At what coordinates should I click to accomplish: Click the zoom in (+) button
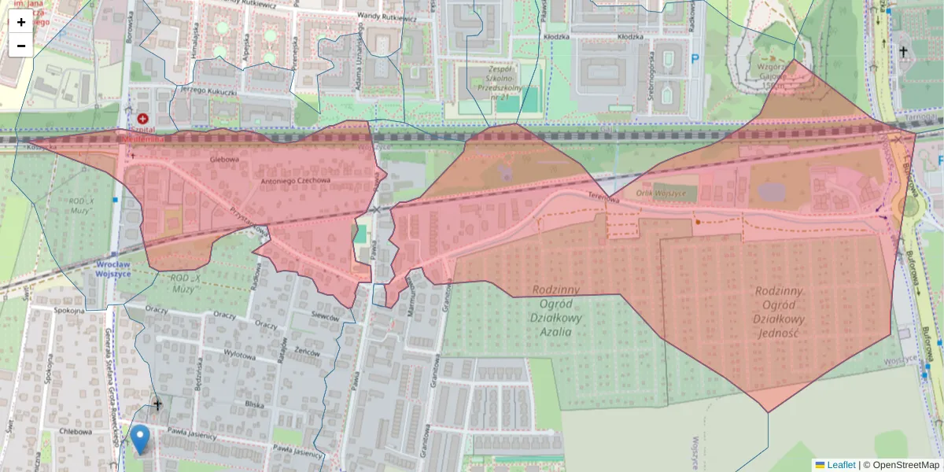[21, 22]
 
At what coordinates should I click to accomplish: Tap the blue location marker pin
[140, 437]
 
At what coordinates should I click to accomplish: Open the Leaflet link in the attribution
[840, 465]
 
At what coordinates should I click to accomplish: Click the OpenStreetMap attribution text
[905, 465]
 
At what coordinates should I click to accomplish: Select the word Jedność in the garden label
[780, 333]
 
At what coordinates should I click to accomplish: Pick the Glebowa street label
[223, 158]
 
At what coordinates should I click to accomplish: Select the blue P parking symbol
[695, 58]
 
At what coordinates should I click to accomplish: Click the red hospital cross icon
[142, 118]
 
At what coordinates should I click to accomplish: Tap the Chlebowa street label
[75, 431]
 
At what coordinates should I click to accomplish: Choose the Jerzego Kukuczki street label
[208, 91]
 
